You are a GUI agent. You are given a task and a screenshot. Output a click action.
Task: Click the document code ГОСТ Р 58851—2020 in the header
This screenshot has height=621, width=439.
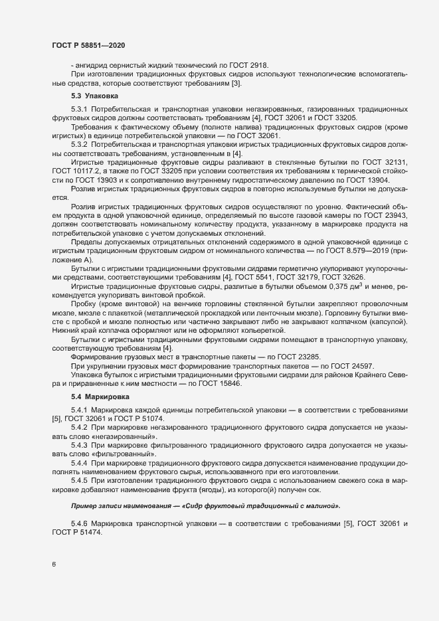point(88,44)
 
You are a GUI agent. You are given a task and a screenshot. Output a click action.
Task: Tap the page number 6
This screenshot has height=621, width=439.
point(54,565)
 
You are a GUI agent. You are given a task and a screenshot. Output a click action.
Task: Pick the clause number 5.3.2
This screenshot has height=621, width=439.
point(79,145)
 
